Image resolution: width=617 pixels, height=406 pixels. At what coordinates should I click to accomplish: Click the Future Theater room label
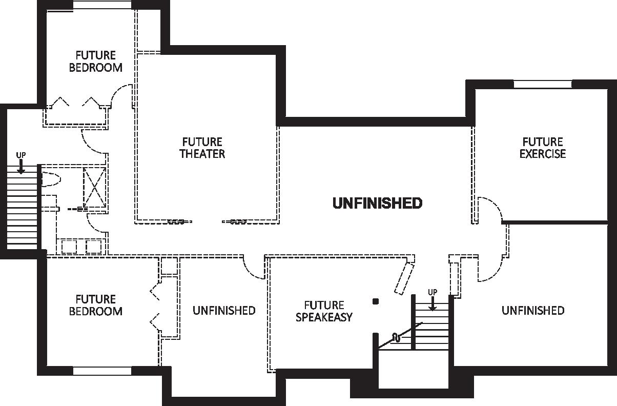[202, 148]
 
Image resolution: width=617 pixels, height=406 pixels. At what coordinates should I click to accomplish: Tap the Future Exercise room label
[542, 148]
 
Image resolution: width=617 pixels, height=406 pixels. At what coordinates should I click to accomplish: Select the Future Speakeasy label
[324, 311]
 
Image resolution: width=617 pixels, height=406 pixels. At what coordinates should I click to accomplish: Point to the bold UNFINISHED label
[377, 204]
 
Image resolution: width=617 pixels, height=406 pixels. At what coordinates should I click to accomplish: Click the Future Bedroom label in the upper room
[96, 61]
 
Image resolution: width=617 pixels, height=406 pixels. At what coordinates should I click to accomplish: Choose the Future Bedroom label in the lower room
[96, 305]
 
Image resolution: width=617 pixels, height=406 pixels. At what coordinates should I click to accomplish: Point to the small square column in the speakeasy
[376, 301]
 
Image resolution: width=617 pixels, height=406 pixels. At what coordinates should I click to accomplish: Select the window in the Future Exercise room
[542, 84]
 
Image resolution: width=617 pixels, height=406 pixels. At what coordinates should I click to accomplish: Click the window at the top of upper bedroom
[102, 5]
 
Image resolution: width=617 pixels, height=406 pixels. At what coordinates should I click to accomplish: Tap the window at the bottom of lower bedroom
[102, 371]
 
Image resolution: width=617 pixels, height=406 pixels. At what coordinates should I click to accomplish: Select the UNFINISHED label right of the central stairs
[533, 311]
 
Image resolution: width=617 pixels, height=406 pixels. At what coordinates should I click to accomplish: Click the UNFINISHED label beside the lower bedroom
[224, 311]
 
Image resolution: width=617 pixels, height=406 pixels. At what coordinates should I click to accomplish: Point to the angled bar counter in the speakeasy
[404, 278]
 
